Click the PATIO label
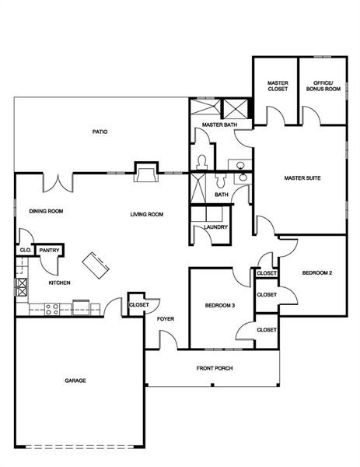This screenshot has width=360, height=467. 100,132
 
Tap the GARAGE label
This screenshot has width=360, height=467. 75,381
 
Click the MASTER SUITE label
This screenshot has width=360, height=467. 302,178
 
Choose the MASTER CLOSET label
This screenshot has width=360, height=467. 278,86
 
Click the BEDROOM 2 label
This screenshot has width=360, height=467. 317,272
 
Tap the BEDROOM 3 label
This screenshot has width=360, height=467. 219,304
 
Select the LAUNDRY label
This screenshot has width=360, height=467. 215,227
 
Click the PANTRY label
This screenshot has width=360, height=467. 50,251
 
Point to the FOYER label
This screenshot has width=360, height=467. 165,318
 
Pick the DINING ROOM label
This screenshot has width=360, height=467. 46,211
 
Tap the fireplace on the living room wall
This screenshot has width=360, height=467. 145,171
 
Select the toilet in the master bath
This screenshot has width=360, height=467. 201,161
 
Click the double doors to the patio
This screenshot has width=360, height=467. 58,182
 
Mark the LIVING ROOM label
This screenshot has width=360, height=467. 146,214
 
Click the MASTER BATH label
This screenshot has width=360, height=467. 219,125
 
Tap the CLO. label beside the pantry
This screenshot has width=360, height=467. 25,251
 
